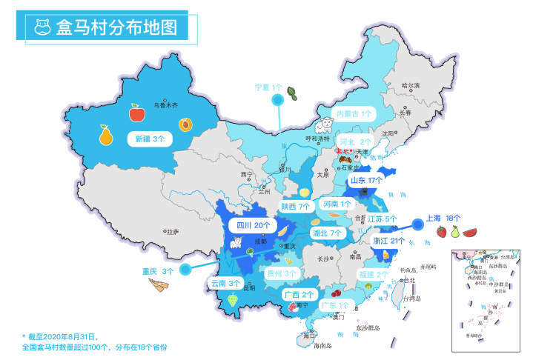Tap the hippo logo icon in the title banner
42,28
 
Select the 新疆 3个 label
153,138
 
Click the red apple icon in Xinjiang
137,113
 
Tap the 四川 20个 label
252,225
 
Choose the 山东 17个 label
366,180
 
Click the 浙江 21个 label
388,241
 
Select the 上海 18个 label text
443,219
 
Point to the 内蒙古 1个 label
356,114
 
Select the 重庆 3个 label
158,271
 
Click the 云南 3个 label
225,283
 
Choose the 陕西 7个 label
294,206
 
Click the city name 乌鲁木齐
165,105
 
